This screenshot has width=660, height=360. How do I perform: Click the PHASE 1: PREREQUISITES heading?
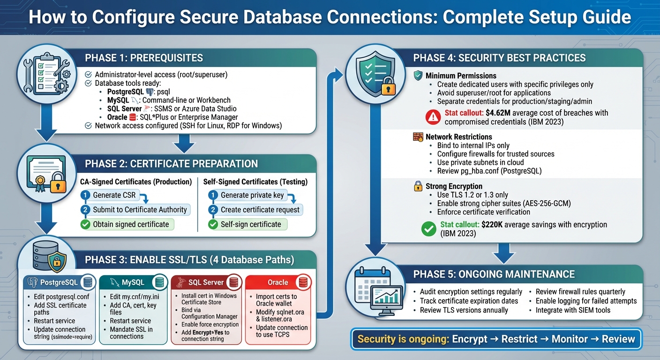click(144, 58)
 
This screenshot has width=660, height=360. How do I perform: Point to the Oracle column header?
click(278, 282)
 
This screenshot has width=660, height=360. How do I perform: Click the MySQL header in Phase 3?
click(133, 282)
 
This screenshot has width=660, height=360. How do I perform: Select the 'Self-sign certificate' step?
click(251, 225)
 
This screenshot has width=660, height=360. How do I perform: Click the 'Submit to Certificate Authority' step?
click(140, 210)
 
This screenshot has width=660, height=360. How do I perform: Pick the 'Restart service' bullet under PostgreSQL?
click(54, 321)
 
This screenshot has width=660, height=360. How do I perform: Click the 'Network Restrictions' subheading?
click(458, 137)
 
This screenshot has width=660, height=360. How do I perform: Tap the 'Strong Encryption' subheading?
click(454, 186)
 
